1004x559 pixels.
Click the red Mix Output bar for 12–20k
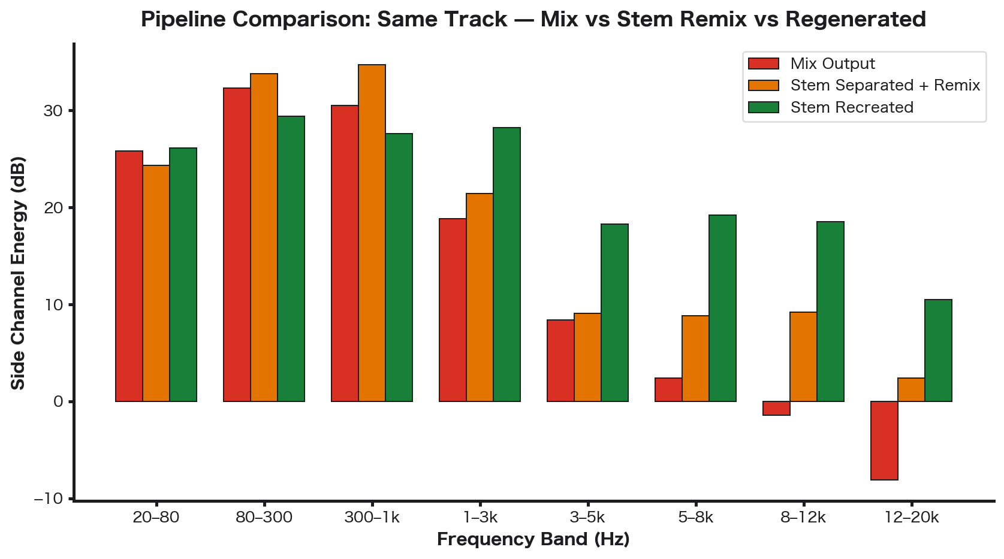884,440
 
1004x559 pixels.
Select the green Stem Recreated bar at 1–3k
506,264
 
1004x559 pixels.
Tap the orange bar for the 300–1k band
372,233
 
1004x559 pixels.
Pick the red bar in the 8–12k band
776,408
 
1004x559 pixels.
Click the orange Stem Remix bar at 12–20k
911,389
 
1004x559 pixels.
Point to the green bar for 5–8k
722,308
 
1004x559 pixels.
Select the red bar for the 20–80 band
129,276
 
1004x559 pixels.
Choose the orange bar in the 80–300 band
264,237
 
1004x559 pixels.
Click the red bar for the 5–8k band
668,389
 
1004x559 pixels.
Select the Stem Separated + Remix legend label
885,85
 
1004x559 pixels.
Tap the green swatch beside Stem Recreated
763,107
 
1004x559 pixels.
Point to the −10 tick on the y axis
52,498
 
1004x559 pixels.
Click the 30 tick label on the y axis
55,111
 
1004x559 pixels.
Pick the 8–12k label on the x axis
803,517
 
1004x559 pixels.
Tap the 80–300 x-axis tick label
264,517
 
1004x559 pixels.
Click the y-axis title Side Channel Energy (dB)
19,273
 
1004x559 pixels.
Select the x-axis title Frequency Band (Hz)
533,539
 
